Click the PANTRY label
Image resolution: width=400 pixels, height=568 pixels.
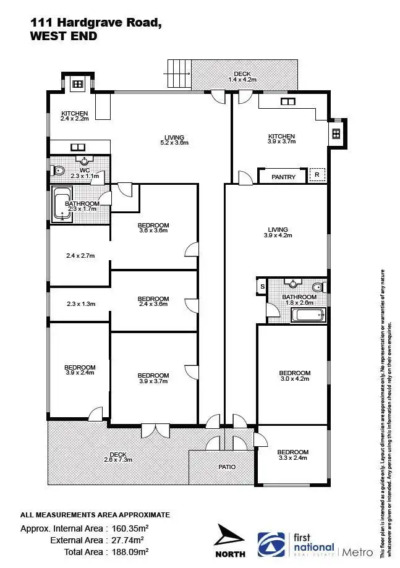[x=283, y=177]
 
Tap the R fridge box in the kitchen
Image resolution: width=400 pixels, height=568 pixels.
[x=317, y=176]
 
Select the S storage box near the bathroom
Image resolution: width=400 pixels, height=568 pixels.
[x=262, y=286]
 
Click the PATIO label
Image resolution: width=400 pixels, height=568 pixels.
[x=227, y=467]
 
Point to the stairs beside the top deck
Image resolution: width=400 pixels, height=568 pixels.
[x=179, y=74]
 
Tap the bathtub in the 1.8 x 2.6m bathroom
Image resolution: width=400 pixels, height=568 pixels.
[x=307, y=315]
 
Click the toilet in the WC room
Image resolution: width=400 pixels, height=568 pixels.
[x=59, y=171]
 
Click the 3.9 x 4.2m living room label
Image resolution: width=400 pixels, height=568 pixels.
[x=275, y=232]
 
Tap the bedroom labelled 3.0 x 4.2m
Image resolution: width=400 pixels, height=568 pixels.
[x=294, y=376]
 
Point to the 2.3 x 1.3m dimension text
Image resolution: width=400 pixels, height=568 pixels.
[x=79, y=303]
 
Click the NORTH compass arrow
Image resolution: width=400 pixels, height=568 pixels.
[x=231, y=537]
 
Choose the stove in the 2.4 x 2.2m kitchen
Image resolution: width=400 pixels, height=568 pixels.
[x=78, y=83]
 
